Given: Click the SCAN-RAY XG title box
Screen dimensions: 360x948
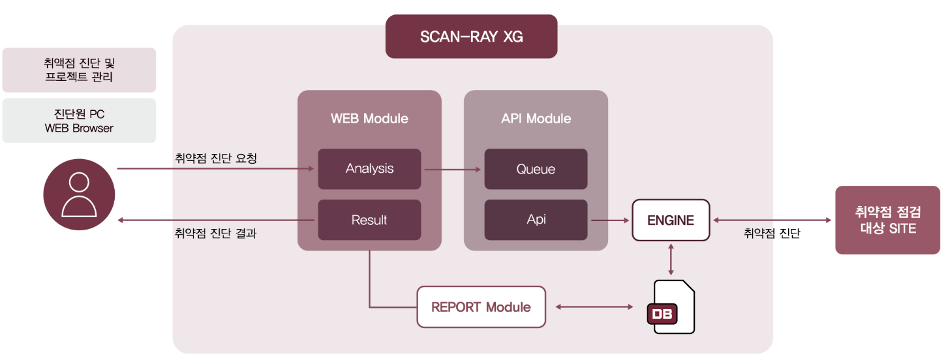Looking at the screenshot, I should [x=471, y=37].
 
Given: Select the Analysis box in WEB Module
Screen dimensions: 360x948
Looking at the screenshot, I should [x=369, y=169].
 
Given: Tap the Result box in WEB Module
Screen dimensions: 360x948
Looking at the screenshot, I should [x=369, y=220].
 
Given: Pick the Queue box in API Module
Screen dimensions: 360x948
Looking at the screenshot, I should [x=536, y=169].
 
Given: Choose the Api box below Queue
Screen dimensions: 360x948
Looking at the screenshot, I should [x=536, y=220].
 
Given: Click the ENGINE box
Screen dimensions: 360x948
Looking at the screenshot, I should [x=671, y=220].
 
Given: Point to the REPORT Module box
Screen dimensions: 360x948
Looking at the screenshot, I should [x=481, y=307].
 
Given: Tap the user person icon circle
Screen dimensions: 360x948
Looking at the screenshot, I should [x=79, y=194].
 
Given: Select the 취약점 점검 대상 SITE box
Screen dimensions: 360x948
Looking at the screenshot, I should [x=887, y=220].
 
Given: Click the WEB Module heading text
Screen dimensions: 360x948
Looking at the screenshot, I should [x=369, y=119].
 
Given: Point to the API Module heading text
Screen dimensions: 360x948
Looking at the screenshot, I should [x=536, y=119].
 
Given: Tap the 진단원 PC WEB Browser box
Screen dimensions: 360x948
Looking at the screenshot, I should [x=79, y=121].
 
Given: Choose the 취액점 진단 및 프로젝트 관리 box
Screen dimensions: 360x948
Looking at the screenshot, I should [x=79, y=70].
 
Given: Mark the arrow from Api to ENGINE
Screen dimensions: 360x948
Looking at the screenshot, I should [x=610, y=220].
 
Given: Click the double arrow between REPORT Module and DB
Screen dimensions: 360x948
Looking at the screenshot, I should [x=594, y=307].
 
